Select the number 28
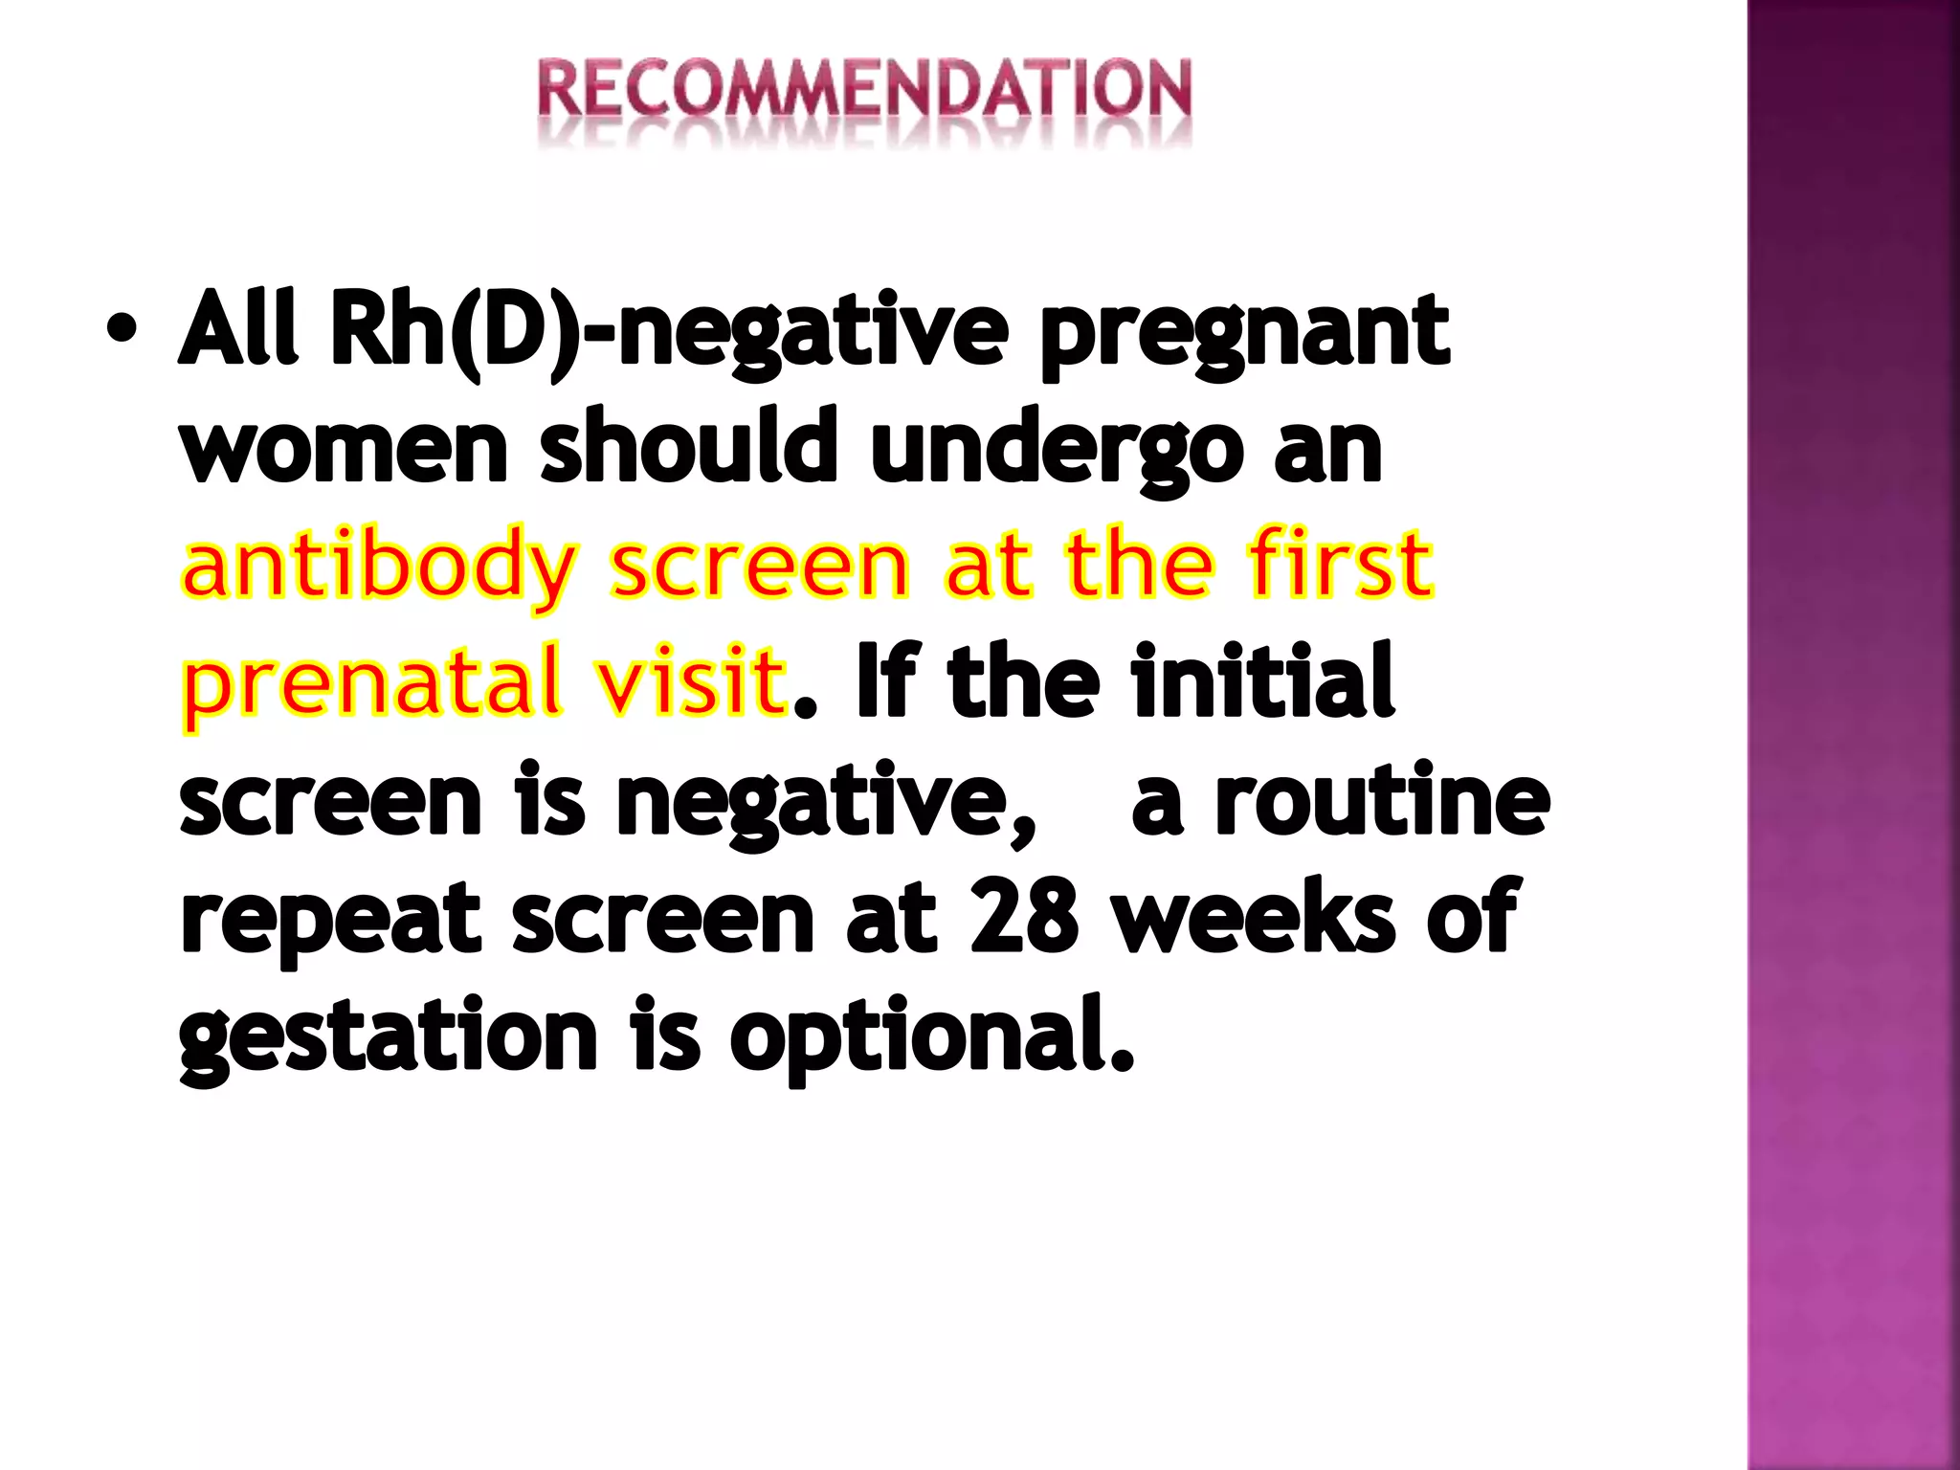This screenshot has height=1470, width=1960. (1024, 917)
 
